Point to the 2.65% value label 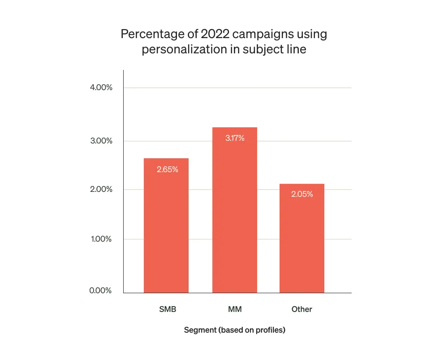[x=168, y=169]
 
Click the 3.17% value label [x=235, y=138]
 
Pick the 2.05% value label [x=302, y=195]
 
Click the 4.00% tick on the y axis [x=101, y=87]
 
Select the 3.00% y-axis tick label [x=101, y=141]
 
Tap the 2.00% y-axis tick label [x=101, y=189]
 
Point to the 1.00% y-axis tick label [x=101, y=239]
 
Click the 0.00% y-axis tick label [x=101, y=291]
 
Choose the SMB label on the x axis [x=167, y=309]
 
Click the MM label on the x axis [x=235, y=309]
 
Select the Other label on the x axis [x=302, y=309]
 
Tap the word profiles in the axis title [x=270, y=330]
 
